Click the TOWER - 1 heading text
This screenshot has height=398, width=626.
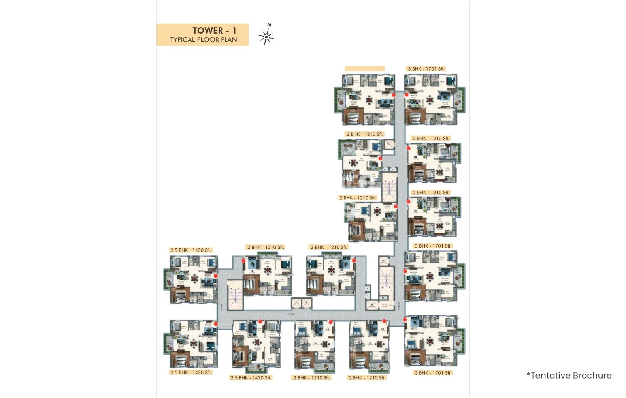(x=214, y=30)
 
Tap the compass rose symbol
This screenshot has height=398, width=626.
(x=266, y=38)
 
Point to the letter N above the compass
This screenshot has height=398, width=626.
(x=269, y=25)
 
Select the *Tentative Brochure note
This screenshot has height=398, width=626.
(x=569, y=375)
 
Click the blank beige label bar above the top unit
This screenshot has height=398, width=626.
(x=364, y=69)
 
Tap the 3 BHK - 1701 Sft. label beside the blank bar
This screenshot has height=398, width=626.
(x=426, y=69)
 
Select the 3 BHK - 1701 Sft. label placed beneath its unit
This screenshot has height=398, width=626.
(x=433, y=373)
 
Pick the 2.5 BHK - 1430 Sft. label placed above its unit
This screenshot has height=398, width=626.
(x=191, y=250)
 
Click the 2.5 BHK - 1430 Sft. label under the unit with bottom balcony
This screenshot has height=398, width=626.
(x=251, y=378)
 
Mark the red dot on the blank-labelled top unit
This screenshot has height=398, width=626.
(x=394, y=95)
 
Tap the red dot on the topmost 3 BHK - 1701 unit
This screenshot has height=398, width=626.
(x=406, y=95)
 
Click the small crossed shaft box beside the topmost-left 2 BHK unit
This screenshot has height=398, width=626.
(x=388, y=145)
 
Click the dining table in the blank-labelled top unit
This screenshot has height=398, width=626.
(x=369, y=100)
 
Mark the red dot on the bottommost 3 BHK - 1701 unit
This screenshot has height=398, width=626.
(x=405, y=319)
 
